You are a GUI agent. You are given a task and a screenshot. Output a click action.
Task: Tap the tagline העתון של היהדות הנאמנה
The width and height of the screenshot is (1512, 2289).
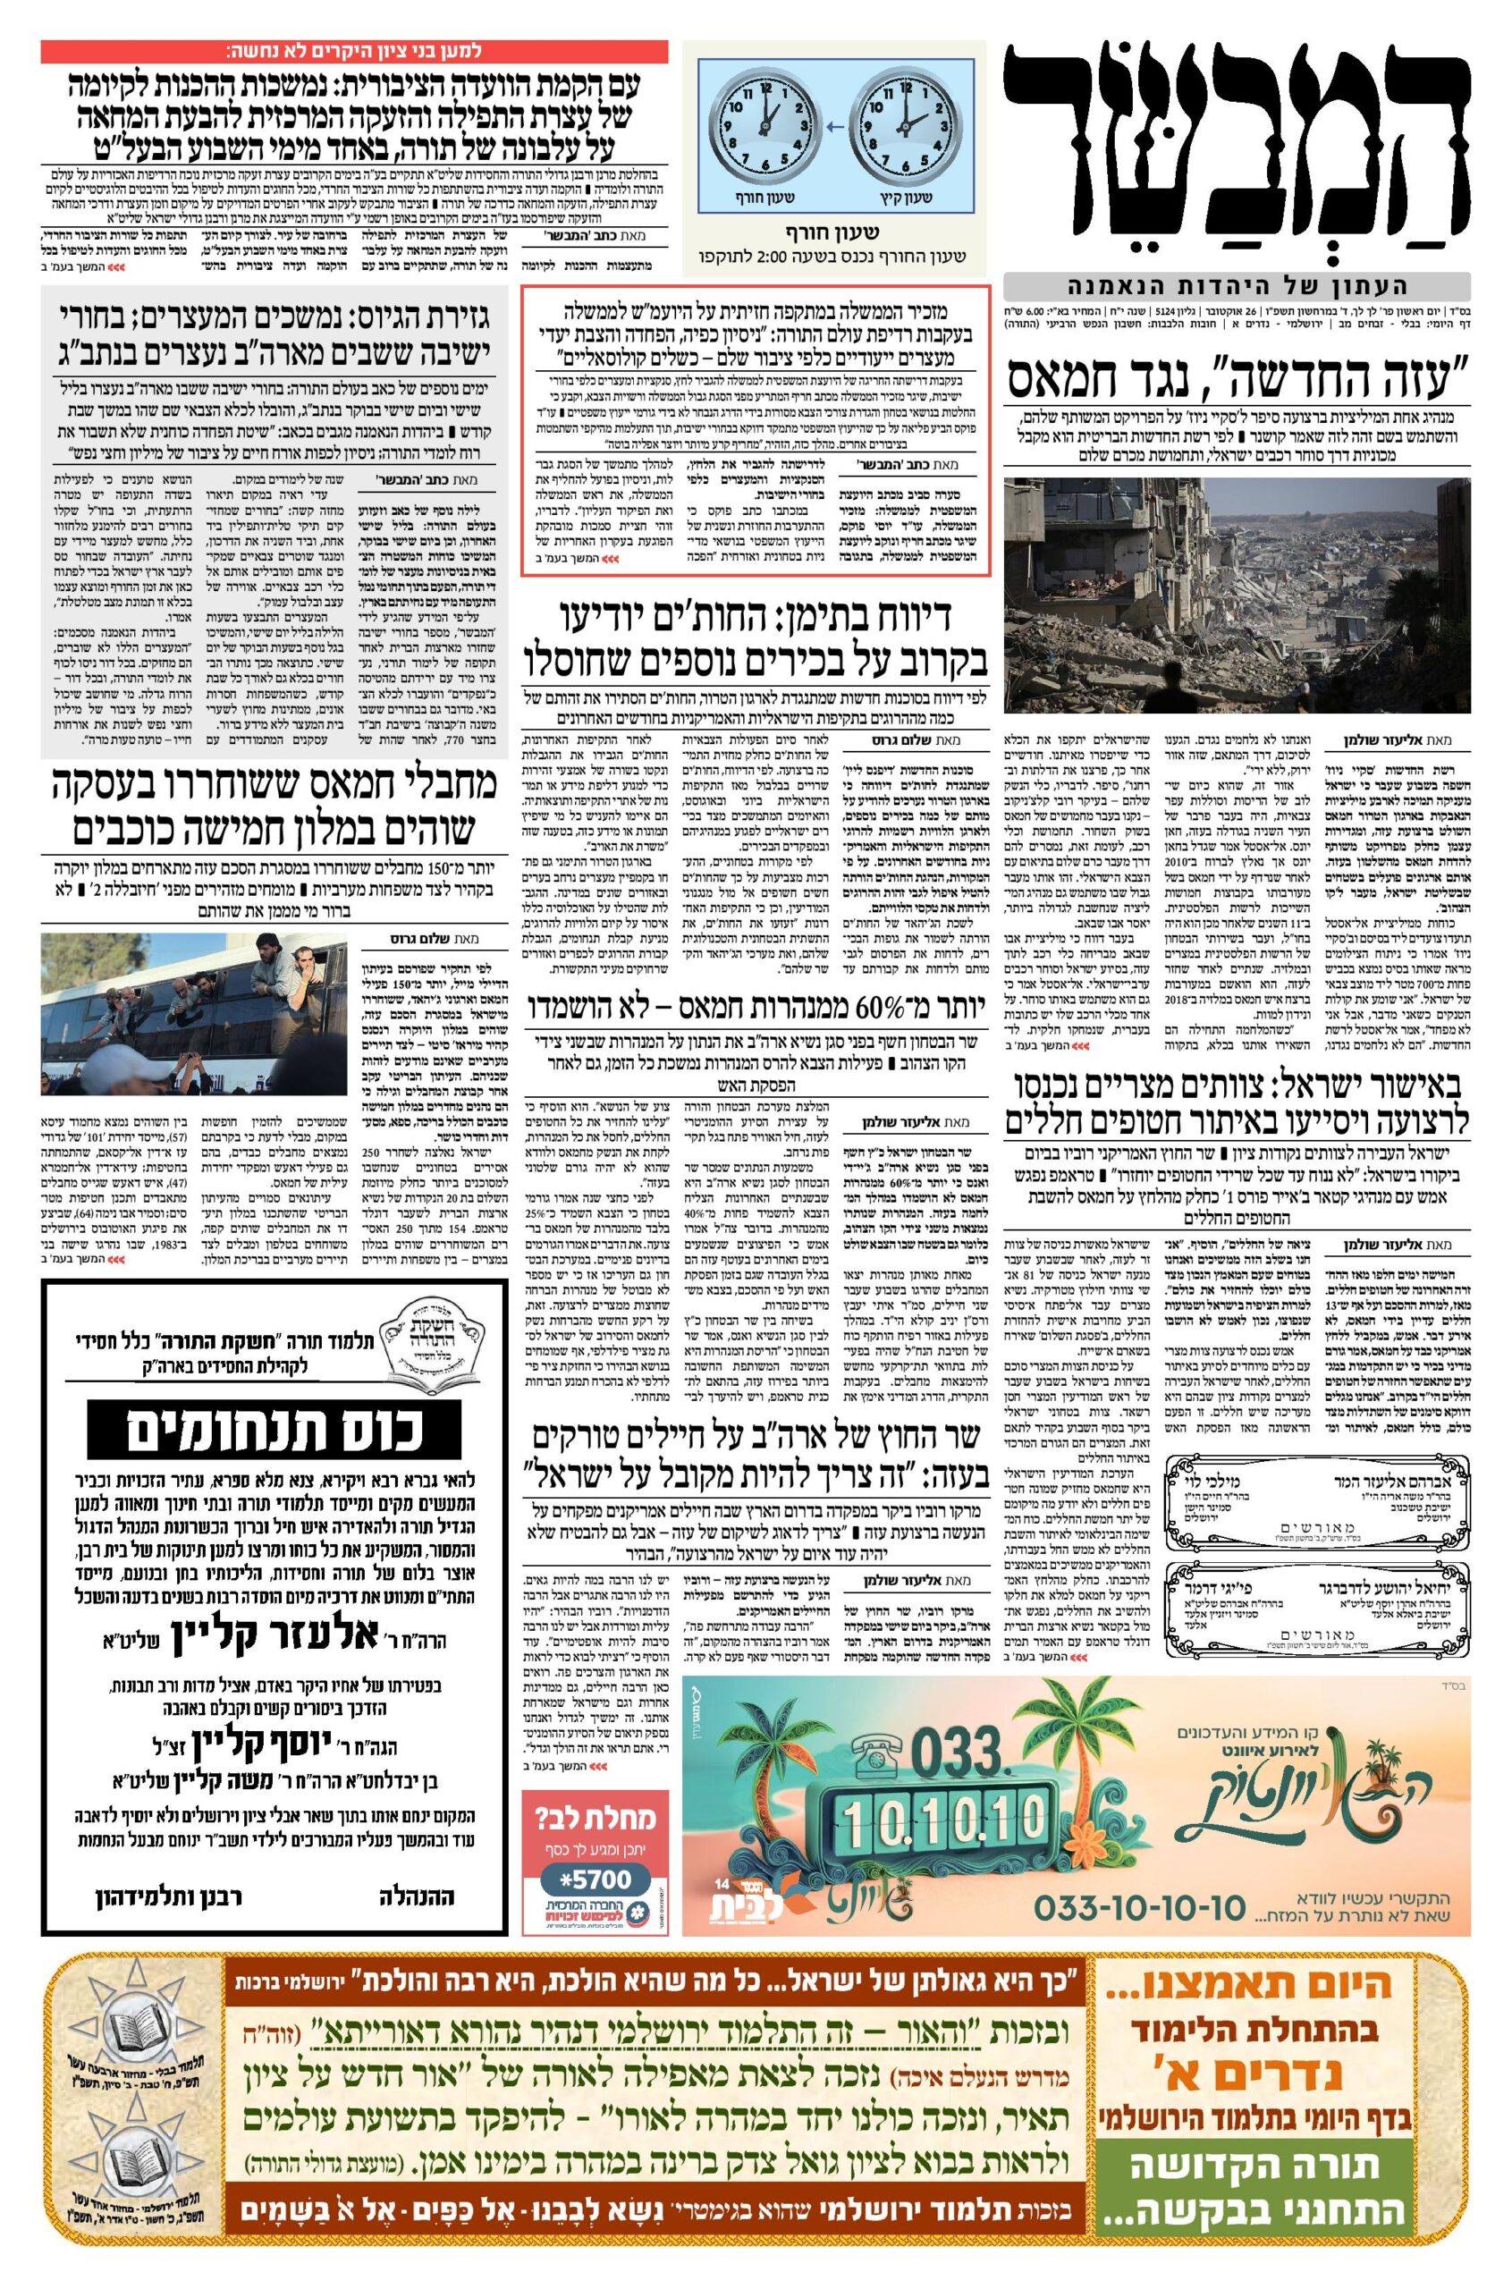(x=1237, y=286)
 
